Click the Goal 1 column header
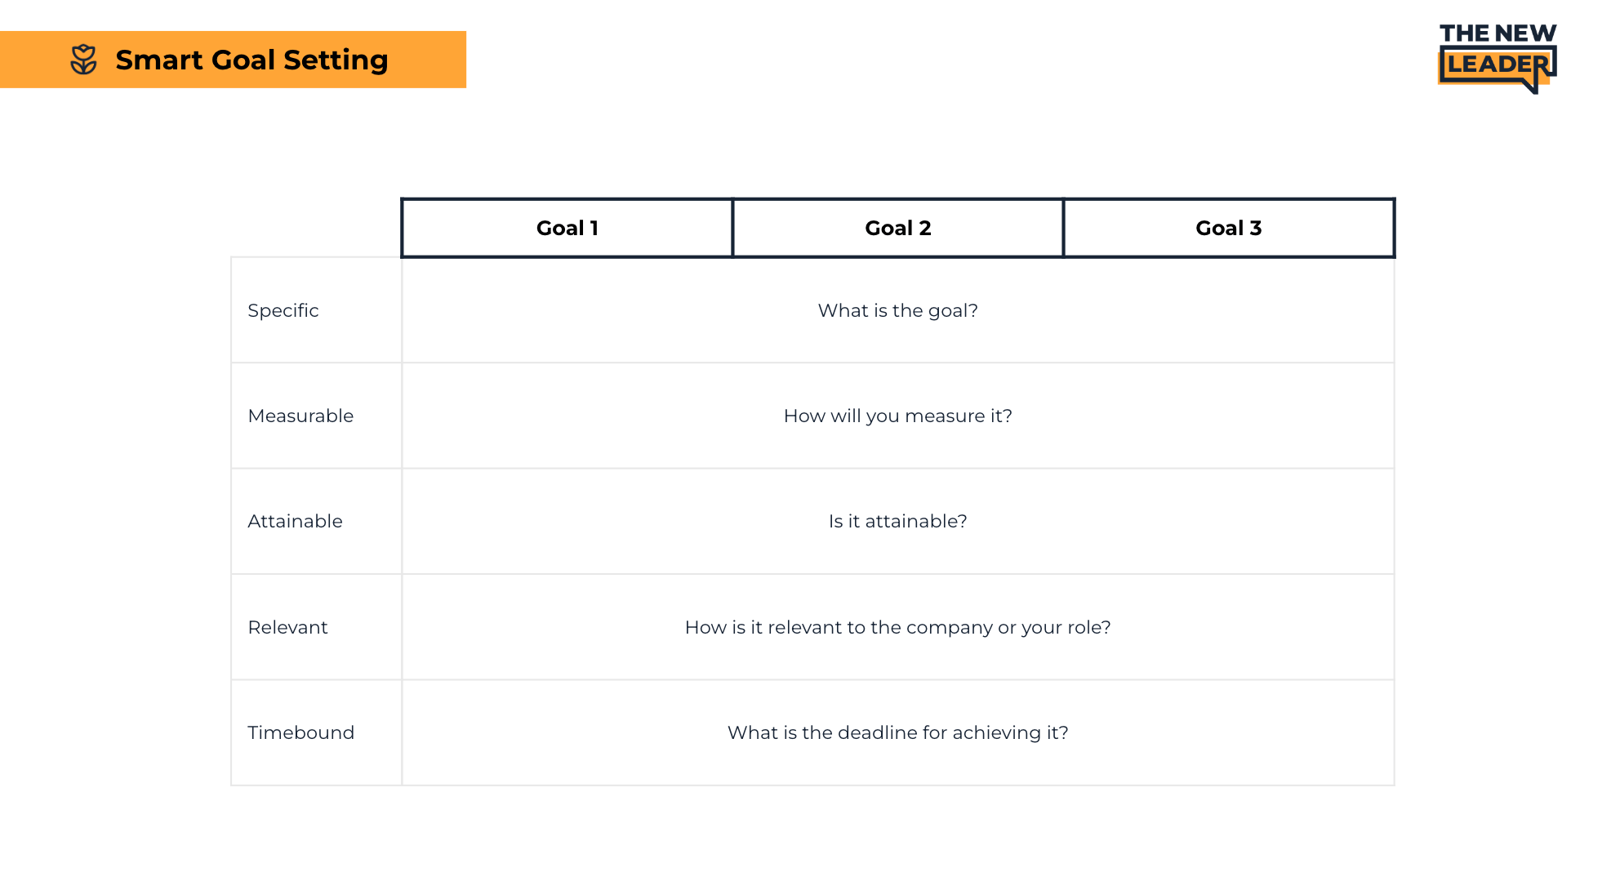(x=567, y=229)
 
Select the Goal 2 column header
(x=897, y=229)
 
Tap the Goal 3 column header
(x=1228, y=229)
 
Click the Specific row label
(x=283, y=311)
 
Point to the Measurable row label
(x=300, y=416)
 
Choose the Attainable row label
(x=295, y=522)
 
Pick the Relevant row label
(x=287, y=628)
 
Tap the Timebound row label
(x=300, y=733)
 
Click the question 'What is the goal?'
(x=897, y=311)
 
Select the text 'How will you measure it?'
(x=897, y=416)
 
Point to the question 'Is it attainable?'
(x=897, y=522)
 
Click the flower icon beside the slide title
(x=83, y=60)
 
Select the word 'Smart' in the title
(x=159, y=60)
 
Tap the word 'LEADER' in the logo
(x=1497, y=65)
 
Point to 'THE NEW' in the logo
(x=1498, y=33)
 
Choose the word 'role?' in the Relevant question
(x=1088, y=628)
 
